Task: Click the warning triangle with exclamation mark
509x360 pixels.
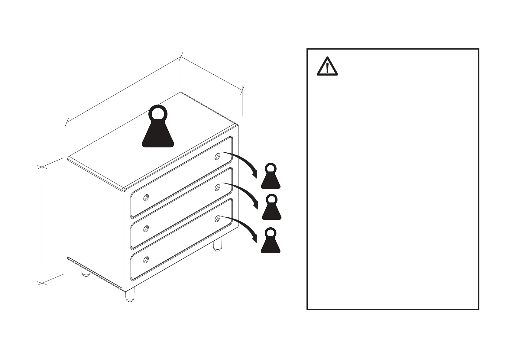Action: (327, 67)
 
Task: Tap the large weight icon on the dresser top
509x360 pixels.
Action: (158, 130)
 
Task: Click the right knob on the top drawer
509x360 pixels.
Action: (217, 156)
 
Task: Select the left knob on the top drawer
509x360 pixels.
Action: (146, 197)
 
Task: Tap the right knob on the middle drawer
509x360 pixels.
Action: (217, 188)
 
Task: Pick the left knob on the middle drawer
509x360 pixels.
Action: (146, 229)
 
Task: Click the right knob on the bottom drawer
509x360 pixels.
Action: (217, 218)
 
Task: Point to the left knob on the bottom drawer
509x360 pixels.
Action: (146, 259)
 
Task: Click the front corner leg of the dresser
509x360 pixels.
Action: (130, 295)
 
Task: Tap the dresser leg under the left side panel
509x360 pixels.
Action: (86, 272)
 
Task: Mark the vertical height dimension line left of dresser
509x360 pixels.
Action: (42, 225)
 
